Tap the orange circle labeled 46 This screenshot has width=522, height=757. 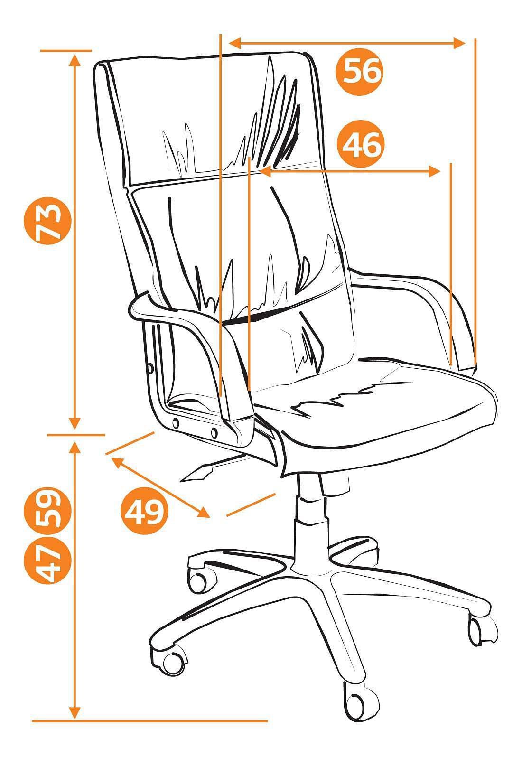361,144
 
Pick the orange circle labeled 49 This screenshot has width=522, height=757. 144,511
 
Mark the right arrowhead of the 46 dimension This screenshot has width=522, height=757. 435,171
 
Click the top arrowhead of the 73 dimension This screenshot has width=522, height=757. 75,59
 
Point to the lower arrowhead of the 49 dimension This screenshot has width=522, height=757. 204,513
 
